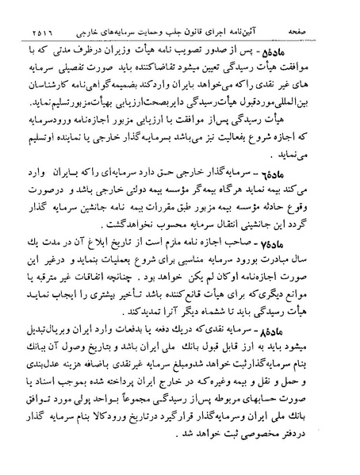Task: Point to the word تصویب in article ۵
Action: (222, 33)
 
